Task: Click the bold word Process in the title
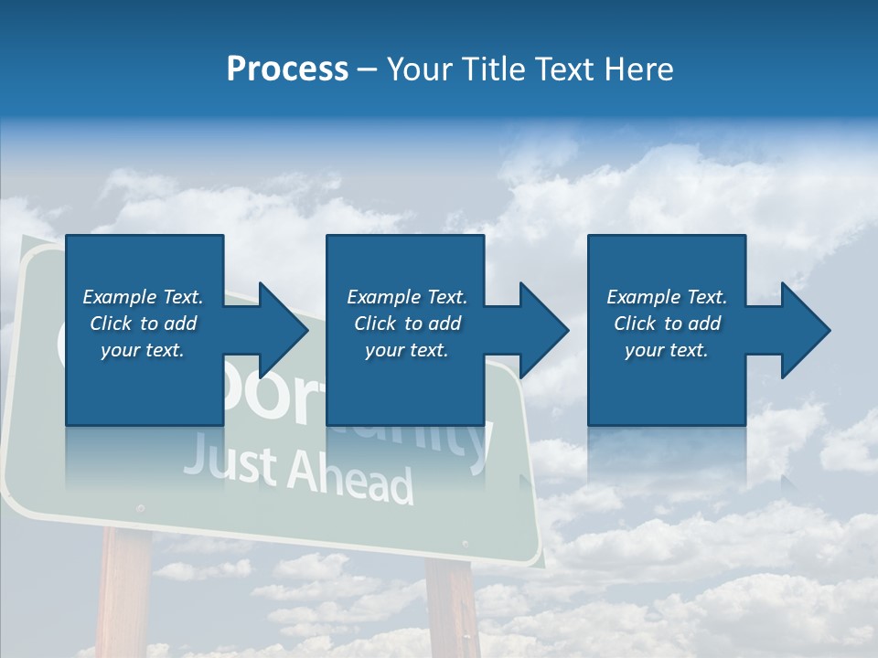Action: (x=287, y=69)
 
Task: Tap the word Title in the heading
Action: (x=495, y=69)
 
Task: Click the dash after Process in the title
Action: (x=368, y=70)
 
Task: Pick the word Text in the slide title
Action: (x=564, y=69)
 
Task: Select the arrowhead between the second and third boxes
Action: (x=542, y=330)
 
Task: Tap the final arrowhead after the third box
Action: (x=804, y=330)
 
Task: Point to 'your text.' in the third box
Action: (x=666, y=350)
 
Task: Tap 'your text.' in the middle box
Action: (x=406, y=350)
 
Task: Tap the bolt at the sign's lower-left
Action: (x=139, y=508)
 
